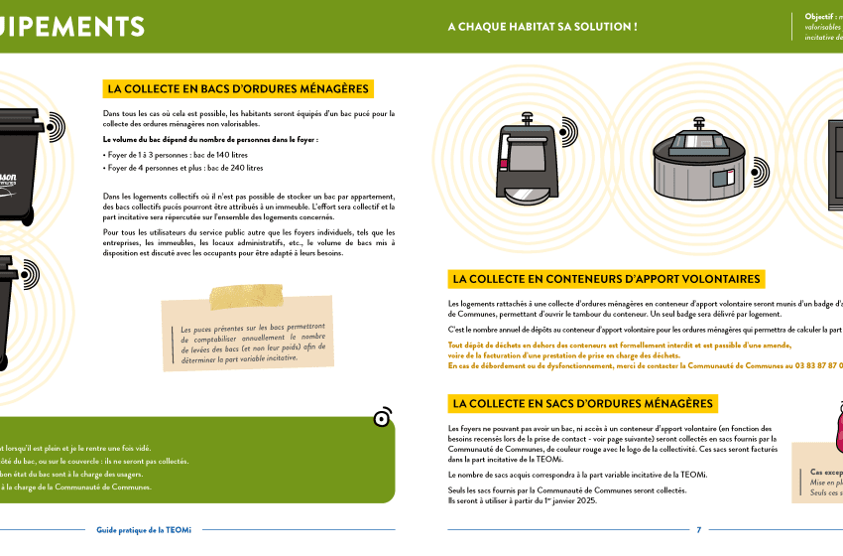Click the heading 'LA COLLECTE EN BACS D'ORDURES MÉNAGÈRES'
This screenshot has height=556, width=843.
(x=238, y=89)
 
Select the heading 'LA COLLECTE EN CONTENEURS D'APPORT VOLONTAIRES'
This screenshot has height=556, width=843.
(x=606, y=279)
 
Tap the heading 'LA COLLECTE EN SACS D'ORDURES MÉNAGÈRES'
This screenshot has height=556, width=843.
(x=582, y=403)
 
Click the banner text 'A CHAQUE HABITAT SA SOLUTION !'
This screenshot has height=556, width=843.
(x=542, y=26)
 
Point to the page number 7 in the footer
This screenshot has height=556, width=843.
(x=699, y=530)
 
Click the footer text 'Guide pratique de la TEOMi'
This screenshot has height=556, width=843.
(x=145, y=530)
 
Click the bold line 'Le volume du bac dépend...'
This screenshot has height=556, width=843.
(x=210, y=140)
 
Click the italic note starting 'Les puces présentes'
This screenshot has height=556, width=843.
(x=253, y=343)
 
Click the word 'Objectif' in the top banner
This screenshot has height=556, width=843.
(x=819, y=17)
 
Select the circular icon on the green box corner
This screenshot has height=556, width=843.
(x=382, y=418)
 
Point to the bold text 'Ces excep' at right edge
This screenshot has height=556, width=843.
(x=825, y=472)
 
